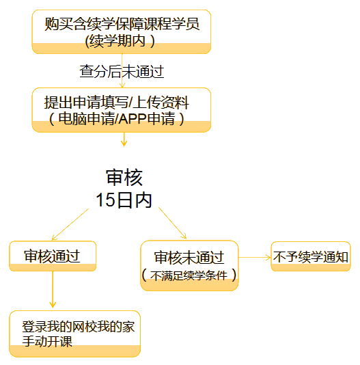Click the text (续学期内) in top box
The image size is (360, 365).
pyautogui.click(x=122, y=40)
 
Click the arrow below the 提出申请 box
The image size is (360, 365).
pyautogui.click(x=124, y=139)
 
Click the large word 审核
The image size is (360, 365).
pyautogui.click(x=124, y=178)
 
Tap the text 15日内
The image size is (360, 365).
pyautogui.click(x=124, y=200)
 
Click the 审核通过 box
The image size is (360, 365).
pyautogui.click(x=53, y=256)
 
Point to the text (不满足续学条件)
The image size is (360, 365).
pyautogui.click(x=189, y=276)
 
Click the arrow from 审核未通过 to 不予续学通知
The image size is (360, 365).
pyautogui.click(x=254, y=258)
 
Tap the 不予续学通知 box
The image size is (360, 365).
pyautogui.click(x=311, y=258)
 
